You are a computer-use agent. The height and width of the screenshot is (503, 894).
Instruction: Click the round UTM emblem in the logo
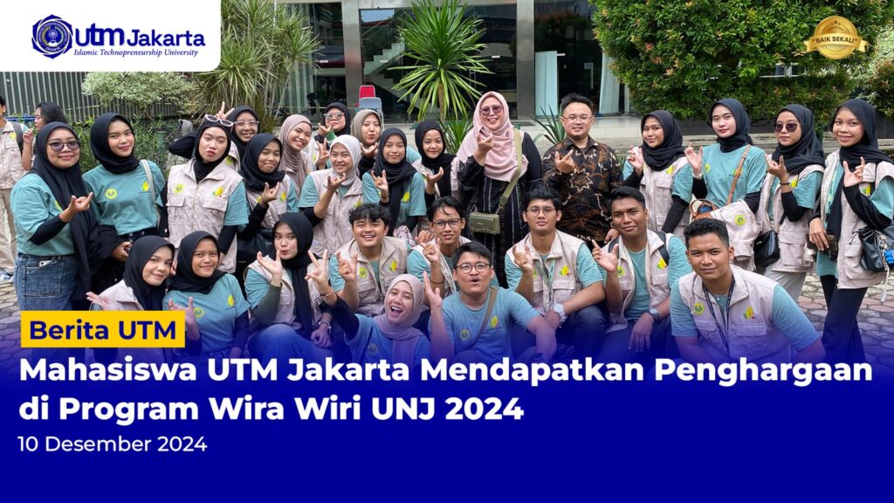pyautogui.click(x=52, y=36)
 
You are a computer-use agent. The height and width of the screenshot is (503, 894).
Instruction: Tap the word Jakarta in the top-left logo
pyautogui.click(x=166, y=38)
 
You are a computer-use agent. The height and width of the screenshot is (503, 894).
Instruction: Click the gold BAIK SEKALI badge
pyautogui.click(x=836, y=38)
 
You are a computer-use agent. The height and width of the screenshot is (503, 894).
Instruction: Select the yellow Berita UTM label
pyautogui.click(x=102, y=330)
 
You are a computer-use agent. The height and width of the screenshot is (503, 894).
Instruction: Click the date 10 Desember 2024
pyautogui.click(x=113, y=444)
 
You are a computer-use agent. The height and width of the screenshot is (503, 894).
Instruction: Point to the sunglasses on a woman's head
pyautogui.click(x=218, y=121)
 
